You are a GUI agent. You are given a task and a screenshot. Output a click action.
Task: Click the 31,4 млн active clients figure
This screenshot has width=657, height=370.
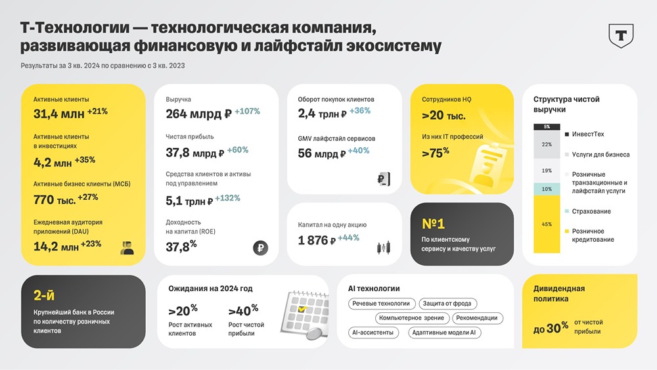[59, 114]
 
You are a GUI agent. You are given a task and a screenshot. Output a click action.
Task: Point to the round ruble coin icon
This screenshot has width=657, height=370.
[260, 248]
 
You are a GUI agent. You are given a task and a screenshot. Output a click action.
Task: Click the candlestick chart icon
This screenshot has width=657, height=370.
[384, 247]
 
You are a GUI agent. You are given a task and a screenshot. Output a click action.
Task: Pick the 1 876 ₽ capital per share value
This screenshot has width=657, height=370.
[317, 241]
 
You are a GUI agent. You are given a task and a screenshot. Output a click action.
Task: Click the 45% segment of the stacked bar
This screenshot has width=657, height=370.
[547, 224]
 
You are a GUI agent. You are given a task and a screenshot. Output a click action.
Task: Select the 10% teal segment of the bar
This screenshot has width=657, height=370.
[547, 189]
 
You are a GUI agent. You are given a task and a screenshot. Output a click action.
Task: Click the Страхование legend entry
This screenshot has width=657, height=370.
[591, 211]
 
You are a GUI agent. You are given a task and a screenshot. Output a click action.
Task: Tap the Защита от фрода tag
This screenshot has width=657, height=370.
[448, 304]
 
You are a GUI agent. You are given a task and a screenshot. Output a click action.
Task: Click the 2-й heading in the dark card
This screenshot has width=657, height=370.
[45, 295]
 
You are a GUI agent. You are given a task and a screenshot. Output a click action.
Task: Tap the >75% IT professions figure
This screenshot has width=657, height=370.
[436, 154]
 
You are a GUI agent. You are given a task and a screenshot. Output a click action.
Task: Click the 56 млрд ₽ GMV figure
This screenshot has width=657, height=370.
[321, 154]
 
